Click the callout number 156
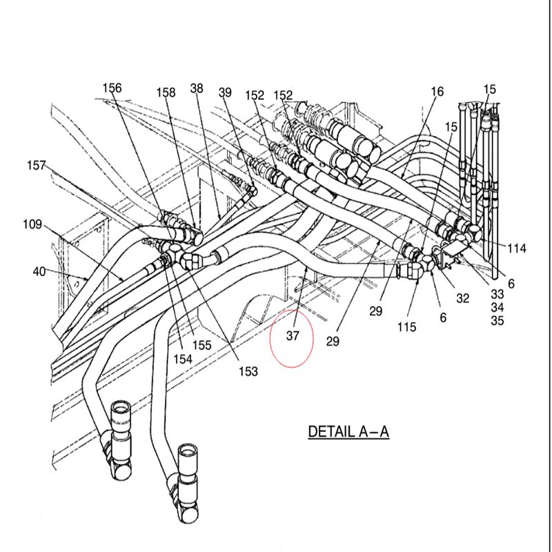point(112,88)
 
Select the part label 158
point(166,92)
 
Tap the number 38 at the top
point(197,88)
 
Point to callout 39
point(225,92)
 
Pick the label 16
point(437,92)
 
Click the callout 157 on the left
point(37,166)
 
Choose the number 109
point(32,224)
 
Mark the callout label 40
point(40,272)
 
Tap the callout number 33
point(497,293)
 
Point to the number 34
point(497,307)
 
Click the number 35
point(497,321)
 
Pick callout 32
point(462,299)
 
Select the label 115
point(407,327)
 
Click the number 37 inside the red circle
point(293,336)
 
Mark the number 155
point(201,345)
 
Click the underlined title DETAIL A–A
point(348,433)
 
